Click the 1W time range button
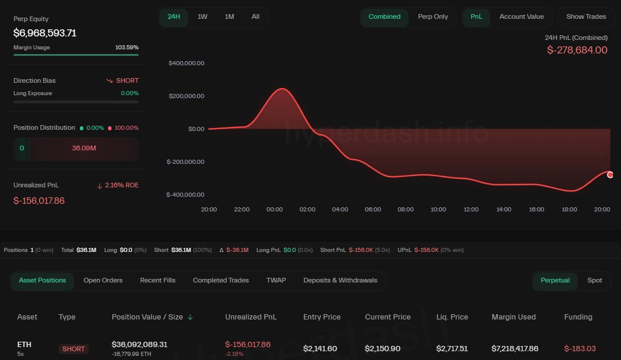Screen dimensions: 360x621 pos(202,16)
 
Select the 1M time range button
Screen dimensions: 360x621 pos(229,16)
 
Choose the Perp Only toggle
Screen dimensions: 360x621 pos(432,16)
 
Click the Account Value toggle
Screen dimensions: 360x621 pos(521,16)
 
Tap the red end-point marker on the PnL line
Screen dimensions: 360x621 pos(610,174)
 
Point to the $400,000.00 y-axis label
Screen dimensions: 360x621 pos(186,63)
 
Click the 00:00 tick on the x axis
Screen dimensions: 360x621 pos(275,209)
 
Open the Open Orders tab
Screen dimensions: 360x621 pos(103,280)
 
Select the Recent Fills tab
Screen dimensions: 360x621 pos(157,280)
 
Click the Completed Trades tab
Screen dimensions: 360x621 pos(221,280)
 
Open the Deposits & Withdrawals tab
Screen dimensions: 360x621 pos(340,280)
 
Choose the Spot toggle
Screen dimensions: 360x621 pos(595,280)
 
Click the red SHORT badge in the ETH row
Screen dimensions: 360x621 pos(73,349)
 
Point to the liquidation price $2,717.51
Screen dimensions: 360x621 pos(452,349)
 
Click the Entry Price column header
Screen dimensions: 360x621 pos(321,317)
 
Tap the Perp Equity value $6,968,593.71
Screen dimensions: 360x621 pos(45,33)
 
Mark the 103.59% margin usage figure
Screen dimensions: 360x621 pos(127,47)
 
